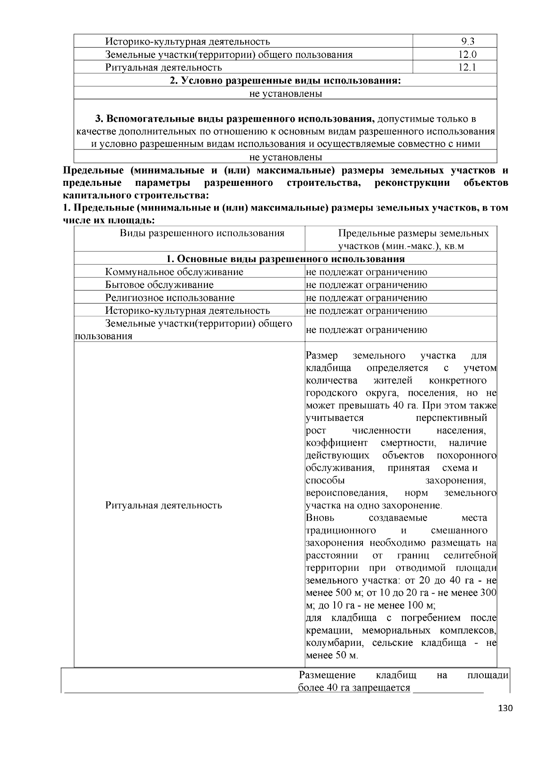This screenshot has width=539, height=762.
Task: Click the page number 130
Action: pyautogui.click(x=505, y=709)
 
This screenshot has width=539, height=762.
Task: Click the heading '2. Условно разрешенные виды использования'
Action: pyautogui.click(x=285, y=81)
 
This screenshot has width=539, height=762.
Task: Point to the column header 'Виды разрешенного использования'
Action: pyautogui.click(x=202, y=233)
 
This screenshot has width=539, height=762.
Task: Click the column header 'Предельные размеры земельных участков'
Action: pyautogui.click(x=413, y=239)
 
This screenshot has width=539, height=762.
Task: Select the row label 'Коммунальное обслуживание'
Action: pyautogui.click(x=174, y=272)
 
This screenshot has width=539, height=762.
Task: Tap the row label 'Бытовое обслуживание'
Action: pyautogui.click(x=159, y=285)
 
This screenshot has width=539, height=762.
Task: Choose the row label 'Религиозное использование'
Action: pyautogui.click(x=170, y=298)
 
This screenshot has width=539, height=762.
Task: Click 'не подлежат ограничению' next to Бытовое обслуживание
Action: pyautogui.click(x=367, y=285)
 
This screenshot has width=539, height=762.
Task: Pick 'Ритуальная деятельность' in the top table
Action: pyautogui.click(x=163, y=68)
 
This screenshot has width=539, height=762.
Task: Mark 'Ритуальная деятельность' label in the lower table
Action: pyautogui.click(x=163, y=505)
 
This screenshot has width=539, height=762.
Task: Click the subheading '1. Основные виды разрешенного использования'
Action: pyautogui.click(x=285, y=259)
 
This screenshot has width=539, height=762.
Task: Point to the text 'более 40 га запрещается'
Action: pyautogui.click(x=354, y=688)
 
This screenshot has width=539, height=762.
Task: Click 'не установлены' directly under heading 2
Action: pyautogui.click(x=285, y=94)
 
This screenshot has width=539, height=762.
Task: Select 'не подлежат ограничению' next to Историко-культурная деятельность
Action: pyautogui.click(x=367, y=311)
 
